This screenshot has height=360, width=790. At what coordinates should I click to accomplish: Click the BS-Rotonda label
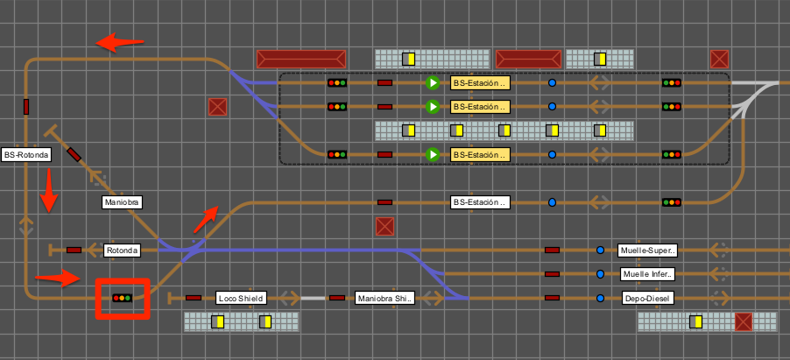click(26, 155)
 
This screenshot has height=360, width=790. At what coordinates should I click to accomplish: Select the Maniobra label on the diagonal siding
click(122, 202)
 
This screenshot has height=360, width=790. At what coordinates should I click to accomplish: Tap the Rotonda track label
click(123, 251)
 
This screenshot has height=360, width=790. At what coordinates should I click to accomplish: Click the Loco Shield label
click(241, 299)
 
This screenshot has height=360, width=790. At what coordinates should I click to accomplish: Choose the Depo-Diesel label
click(647, 299)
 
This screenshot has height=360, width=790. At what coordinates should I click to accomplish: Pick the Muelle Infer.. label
click(647, 274)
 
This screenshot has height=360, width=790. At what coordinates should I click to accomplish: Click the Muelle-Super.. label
click(647, 251)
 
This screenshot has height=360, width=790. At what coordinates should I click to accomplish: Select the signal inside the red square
click(122, 298)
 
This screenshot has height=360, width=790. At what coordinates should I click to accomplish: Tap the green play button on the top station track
click(433, 82)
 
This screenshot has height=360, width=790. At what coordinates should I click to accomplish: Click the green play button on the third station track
click(433, 154)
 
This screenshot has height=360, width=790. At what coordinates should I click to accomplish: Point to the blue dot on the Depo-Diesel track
click(600, 299)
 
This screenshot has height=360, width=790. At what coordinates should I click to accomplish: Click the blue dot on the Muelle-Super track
click(600, 251)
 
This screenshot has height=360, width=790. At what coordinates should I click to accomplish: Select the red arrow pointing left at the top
click(120, 42)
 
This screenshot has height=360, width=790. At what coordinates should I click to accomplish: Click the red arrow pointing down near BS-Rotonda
click(49, 190)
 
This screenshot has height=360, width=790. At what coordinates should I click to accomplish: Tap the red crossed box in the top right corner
click(719, 59)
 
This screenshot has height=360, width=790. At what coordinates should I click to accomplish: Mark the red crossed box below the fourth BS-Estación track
click(384, 226)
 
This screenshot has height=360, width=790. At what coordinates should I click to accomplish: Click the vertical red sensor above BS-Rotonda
click(26, 107)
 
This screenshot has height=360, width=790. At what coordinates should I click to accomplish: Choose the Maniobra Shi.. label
click(384, 299)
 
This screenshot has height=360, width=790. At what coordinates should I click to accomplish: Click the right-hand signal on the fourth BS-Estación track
click(672, 202)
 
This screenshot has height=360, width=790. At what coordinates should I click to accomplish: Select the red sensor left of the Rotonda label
click(74, 251)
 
